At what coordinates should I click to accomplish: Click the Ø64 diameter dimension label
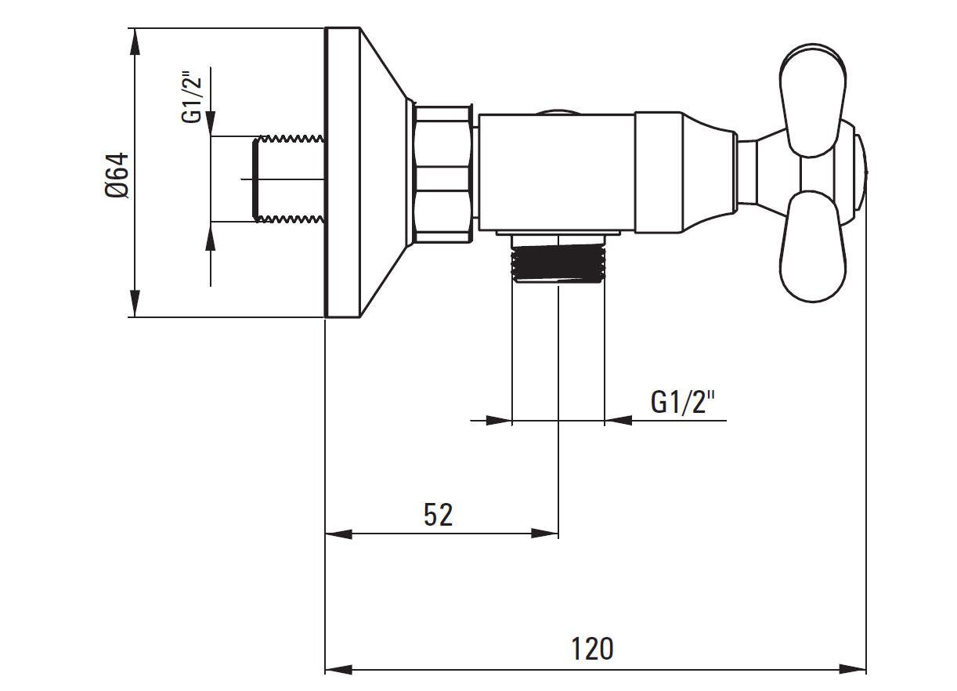[117, 175]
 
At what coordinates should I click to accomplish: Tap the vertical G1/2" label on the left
[193, 97]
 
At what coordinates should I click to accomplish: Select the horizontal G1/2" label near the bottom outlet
[683, 402]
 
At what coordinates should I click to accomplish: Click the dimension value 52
[439, 515]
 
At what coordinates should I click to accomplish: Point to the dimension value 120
[592, 649]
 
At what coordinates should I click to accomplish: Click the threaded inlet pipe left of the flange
[288, 179]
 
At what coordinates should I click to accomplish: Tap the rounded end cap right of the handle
[861, 172]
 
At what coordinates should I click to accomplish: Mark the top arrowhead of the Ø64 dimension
[135, 41]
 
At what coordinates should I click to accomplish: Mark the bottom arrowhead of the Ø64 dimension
[135, 305]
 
